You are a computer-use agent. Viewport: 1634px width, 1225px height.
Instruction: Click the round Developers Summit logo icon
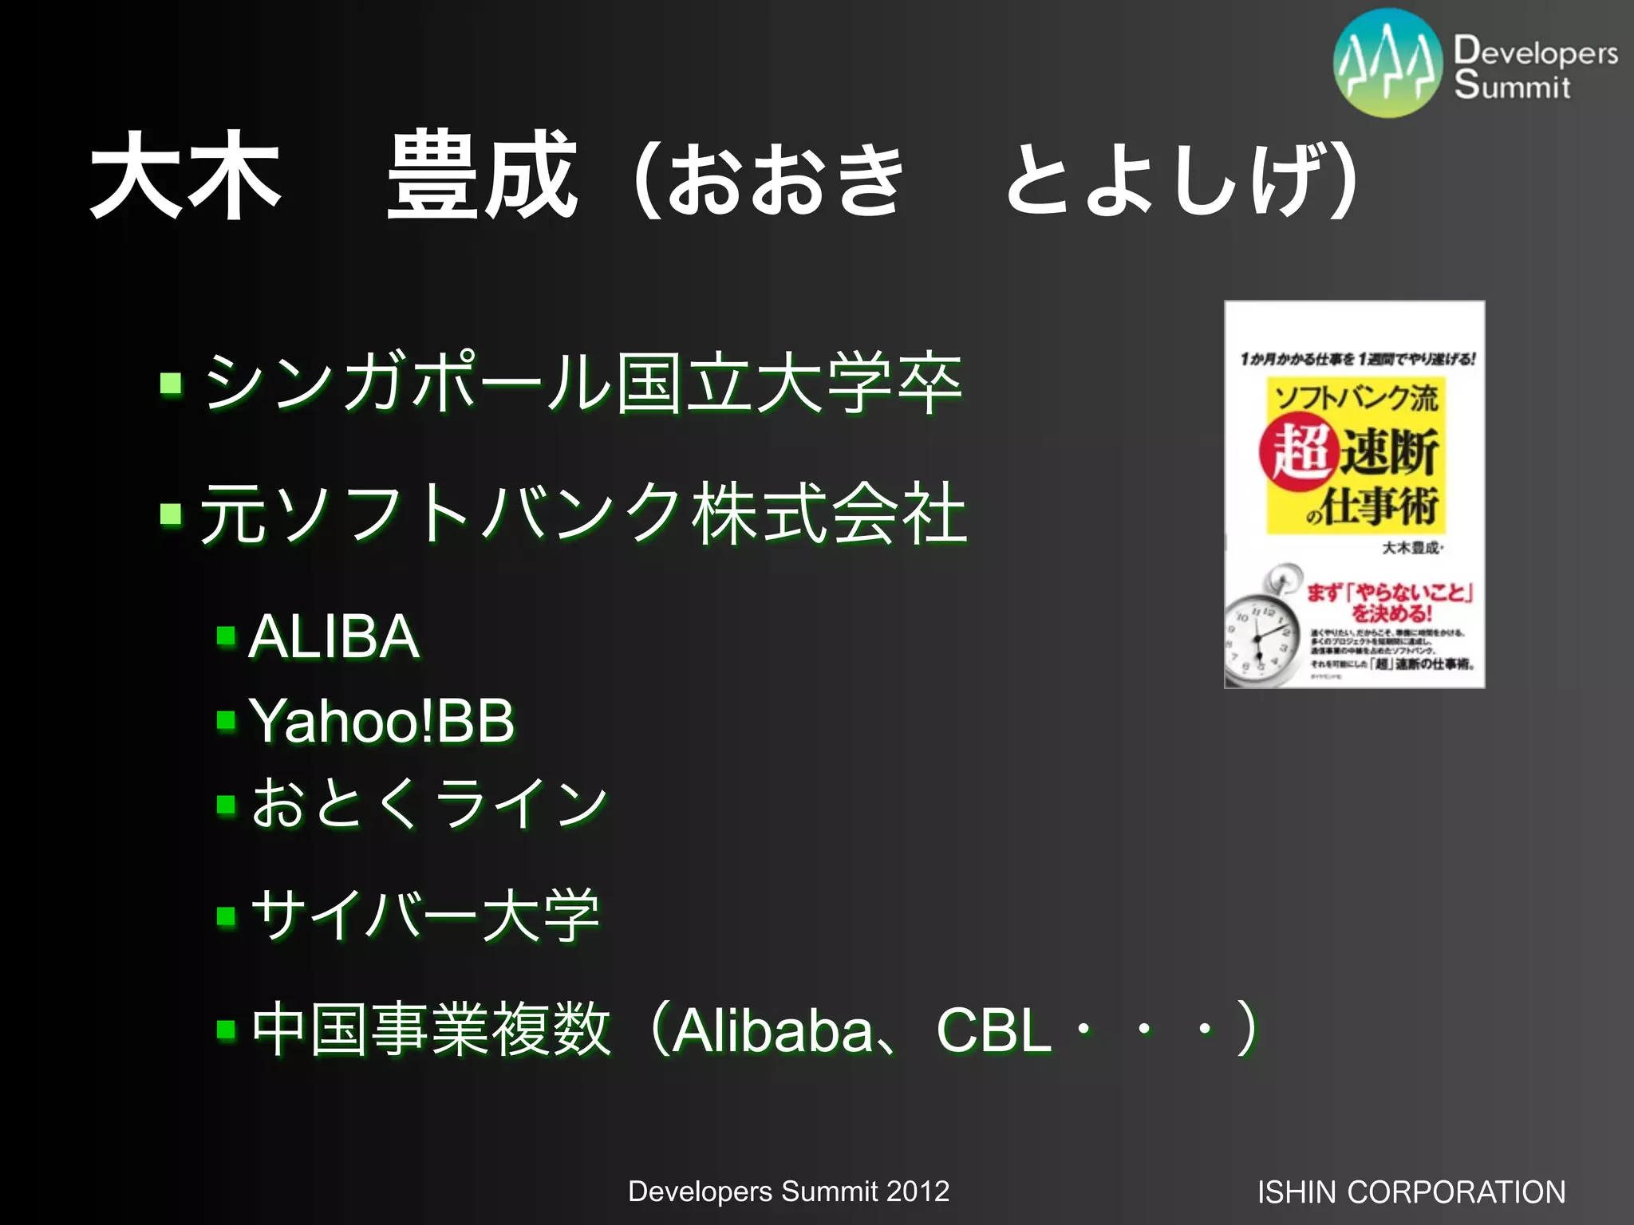click(1388, 64)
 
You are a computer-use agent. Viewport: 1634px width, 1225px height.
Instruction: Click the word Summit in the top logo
click(1512, 85)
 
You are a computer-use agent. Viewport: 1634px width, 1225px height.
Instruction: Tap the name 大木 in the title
click(185, 175)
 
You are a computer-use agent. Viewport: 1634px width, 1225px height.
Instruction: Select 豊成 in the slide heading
click(482, 175)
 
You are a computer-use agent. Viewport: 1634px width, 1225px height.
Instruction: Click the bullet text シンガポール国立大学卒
click(582, 384)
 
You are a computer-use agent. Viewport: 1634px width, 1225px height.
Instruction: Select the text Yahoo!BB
click(382, 721)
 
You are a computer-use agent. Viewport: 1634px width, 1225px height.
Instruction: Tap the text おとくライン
click(429, 803)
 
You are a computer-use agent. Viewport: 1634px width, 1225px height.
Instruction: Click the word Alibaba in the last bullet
click(772, 1030)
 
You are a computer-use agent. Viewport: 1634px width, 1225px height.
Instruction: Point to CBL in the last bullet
click(994, 1030)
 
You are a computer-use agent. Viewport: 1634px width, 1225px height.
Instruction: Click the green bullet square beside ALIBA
click(227, 636)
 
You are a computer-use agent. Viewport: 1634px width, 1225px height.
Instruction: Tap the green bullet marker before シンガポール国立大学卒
click(171, 384)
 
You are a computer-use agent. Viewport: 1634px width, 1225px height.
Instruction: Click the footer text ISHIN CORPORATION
click(1411, 1192)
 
